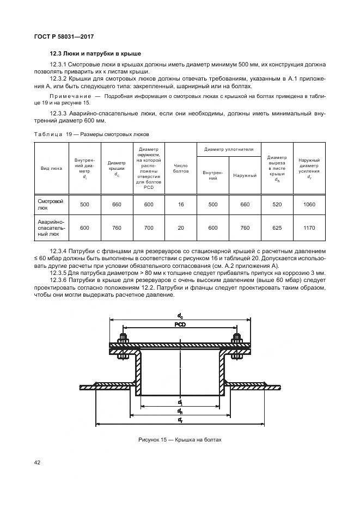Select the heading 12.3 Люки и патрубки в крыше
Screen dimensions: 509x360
pos(95,54)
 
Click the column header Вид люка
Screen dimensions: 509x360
pos(52,168)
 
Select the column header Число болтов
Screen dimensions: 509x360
pos(180,168)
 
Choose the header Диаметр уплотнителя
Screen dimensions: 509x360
pos(229,149)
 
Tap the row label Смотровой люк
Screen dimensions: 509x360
pos(50,205)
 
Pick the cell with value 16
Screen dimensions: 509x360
pos(180,205)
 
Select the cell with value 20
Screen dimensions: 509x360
pos(180,229)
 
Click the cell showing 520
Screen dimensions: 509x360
pos(277,205)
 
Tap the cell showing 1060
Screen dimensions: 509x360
pos(309,205)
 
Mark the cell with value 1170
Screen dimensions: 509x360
pos(309,229)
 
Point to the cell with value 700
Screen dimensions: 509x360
pos(149,229)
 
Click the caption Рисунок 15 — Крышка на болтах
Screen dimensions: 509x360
pos(180,439)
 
